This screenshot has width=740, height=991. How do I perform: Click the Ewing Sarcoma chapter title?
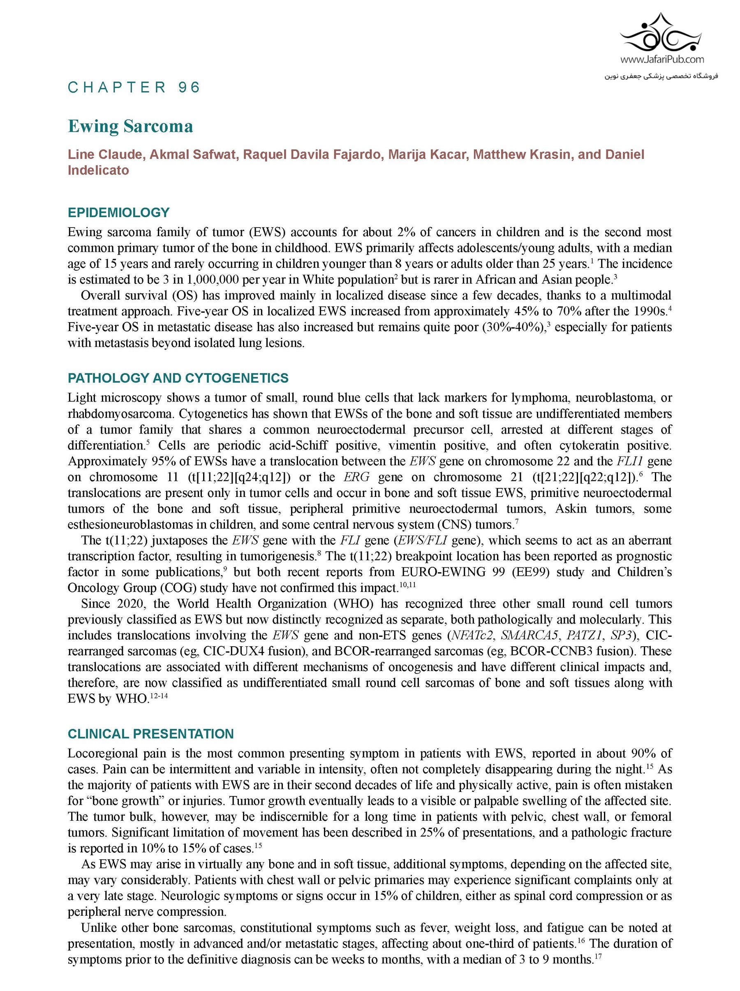pyautogui.click(x=130, y=126)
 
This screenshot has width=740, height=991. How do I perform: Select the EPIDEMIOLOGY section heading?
pyautogui.click(x=119, y=212)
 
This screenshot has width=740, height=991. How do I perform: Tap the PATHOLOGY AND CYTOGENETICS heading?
pyautogui.click(x=178, y=378)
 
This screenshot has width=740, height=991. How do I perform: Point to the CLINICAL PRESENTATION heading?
pyautogui.click(x=150, y=734)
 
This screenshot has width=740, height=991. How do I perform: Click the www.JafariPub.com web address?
pyautogui.click(x=661, y=59)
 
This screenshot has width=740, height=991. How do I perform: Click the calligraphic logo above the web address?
pyautogui.click(x=661, y=34)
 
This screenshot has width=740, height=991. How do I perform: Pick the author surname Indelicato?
pyautogui.click(x=99, y=170)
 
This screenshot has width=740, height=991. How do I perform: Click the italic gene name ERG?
pyautogui.click(x=356, y=477)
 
